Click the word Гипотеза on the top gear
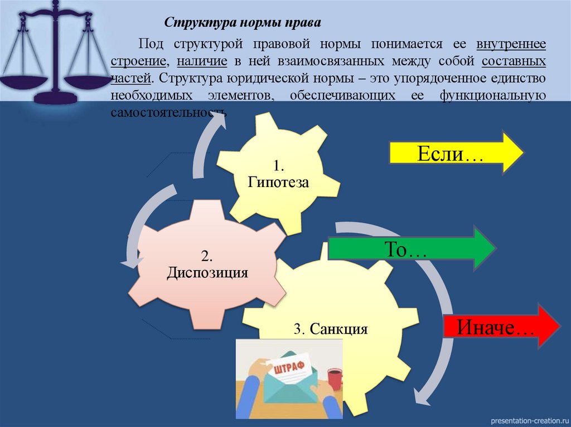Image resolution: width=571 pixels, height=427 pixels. pos(278,181)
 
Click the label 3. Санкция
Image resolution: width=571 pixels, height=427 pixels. pos(331,328)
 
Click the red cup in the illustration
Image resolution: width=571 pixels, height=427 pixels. pos(333,379)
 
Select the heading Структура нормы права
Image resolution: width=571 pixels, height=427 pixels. pos(242,24)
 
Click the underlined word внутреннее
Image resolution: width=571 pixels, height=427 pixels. pos(511,44)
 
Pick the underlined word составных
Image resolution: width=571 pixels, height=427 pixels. pos(514,60)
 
